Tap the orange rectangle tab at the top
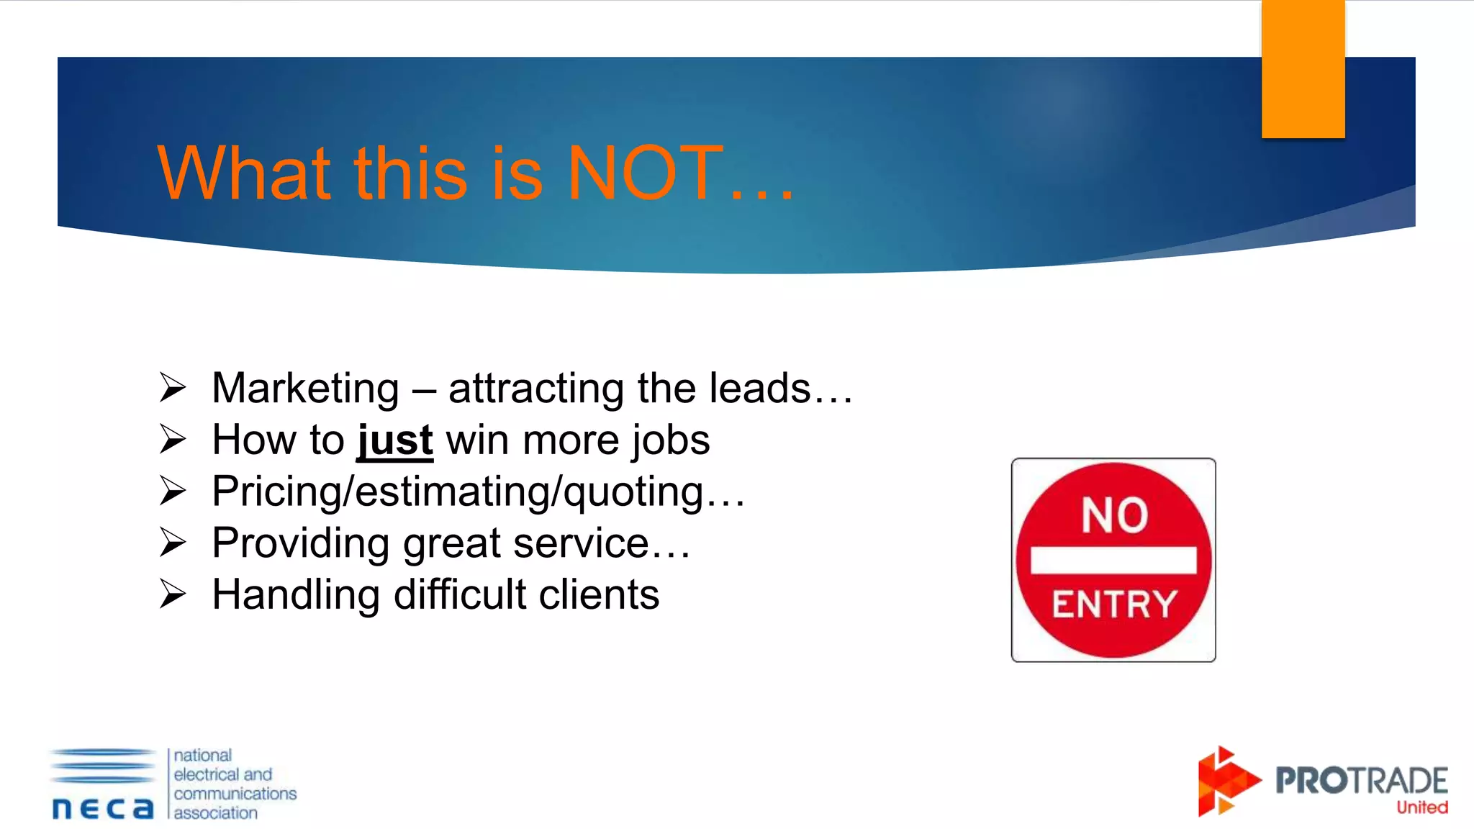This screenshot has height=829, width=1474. coord(1303,69)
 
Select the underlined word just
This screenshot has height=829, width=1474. coord(395,440)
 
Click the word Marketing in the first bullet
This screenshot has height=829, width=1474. coord(305,389)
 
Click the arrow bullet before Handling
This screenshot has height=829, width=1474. coord(173,594)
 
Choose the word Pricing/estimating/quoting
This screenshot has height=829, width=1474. coord(458,492)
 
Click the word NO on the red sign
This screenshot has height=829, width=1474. coord(1114,515)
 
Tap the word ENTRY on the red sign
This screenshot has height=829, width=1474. coord(1114,604)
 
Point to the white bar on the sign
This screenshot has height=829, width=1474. coord(1113,560)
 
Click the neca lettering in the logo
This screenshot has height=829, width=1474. coord(103,808)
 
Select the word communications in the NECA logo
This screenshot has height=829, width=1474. coord(235,794)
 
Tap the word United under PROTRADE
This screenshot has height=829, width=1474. coord(1421,807)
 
